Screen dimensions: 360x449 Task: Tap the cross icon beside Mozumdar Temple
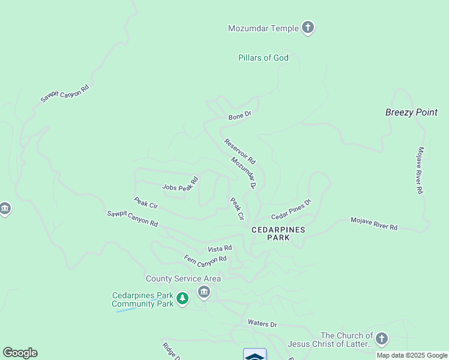click(308, 27)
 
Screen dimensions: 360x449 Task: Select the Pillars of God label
click(263, 58)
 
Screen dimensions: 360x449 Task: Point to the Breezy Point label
click(411, 112)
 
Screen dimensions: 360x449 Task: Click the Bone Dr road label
click(240, 115)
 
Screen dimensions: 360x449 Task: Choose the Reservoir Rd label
click(240, 152)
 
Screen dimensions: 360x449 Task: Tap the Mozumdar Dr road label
click(244, 173)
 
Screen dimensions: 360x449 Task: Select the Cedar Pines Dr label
click(291, 209)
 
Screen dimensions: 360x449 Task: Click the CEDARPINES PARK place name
click(279, 233)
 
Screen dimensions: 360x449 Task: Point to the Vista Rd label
click(220, 248)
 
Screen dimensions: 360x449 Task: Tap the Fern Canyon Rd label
click(205, 259)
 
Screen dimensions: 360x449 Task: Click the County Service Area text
click(183, 278)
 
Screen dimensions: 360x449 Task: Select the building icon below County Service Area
click(204, 292)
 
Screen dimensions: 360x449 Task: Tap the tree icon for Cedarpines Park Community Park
click(183, 297)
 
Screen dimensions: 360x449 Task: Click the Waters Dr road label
click(262, 324)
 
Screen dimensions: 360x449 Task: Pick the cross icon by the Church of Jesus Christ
click(382, 338)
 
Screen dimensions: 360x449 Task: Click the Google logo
click(20, 353)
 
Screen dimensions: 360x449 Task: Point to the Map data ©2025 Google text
click(412, 355)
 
